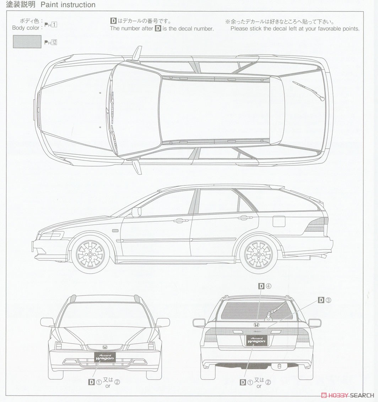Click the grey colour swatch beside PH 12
pos(27,42)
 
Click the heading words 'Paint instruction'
pos(68,5)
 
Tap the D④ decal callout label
pos(265,286)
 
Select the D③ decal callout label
pos(324,300)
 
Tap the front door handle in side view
pos(181,220)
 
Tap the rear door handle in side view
pos(245,217)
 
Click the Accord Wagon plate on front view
pos(105,357)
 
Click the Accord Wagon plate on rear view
pos(256,340)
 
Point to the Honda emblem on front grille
pos(105,347)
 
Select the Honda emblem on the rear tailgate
pos(256,325)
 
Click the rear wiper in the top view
pos(308,90)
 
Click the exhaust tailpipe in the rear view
pos(279,367)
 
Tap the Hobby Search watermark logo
pos(348,395)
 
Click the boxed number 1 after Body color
pos(54,24)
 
